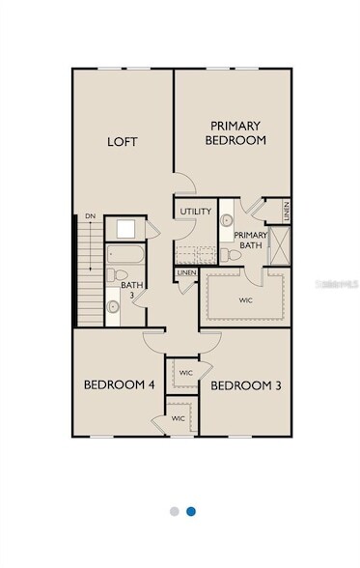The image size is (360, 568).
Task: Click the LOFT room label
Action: (x=122, y=142)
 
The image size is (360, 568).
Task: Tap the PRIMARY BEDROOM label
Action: (x=237, y=132)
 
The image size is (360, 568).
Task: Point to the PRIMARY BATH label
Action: (x=251, y=241)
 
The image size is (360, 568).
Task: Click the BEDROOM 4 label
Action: (x=119, y=385)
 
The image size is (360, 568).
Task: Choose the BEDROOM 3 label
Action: (x=245, y=386)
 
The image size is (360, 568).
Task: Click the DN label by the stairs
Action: (x=90, y=216)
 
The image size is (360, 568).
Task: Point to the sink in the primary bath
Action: (x=226, y=221)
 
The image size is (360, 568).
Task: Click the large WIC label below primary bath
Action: (x=244, y=300)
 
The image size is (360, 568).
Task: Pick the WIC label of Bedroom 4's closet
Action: (x=179, y=418)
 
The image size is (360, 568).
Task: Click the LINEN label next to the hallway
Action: (x=187, y=273)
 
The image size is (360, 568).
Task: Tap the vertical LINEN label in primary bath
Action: (x=287, y=208)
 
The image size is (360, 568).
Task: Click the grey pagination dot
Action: (x=174, y=511)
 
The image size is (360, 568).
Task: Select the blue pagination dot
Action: (x=191, y=511)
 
